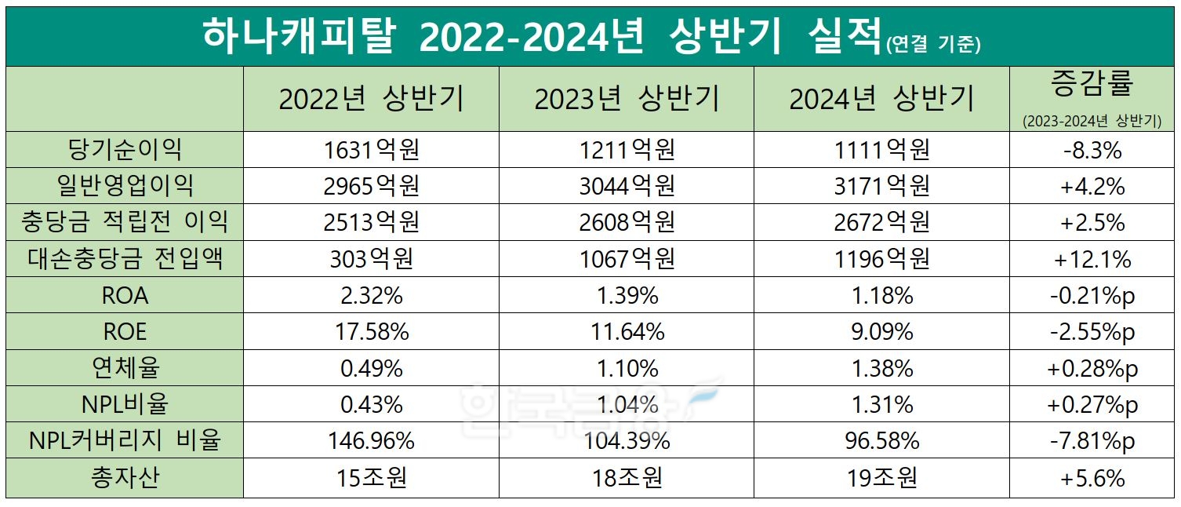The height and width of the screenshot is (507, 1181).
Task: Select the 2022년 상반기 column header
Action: click(371, 100)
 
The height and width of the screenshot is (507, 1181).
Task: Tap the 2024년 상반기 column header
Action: click(881, 100)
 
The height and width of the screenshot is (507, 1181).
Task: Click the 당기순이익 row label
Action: click(125, 149)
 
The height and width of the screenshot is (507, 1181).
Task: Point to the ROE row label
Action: click(125, 332)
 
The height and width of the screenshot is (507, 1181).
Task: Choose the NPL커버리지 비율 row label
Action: click(125, 440)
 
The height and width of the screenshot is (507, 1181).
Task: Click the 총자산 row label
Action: click(125, 477)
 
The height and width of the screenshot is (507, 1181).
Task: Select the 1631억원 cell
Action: click(371, 149)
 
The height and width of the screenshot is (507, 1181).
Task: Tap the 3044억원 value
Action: click(627, 186)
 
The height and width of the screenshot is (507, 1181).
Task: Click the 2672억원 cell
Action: click(881, 222)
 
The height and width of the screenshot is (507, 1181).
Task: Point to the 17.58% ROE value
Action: click(371, 332)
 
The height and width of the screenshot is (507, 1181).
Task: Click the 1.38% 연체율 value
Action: click(881, 368)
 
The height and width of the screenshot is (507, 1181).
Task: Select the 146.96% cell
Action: click(371, 440)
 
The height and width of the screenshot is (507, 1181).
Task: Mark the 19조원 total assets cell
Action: click(881, 477)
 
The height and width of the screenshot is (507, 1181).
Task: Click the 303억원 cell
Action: click(371, 259)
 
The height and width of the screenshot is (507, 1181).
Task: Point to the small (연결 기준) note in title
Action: click(933, 46)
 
